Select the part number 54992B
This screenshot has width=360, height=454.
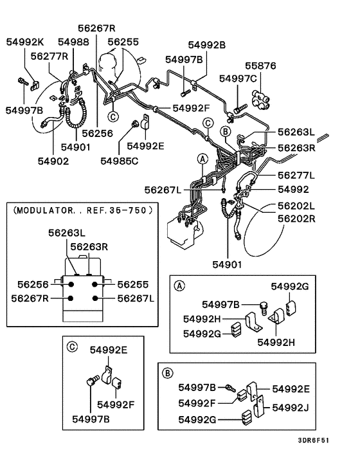(x=207, y=45)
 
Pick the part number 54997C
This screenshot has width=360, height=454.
(x=238, y=78)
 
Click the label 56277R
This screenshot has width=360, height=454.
(x=49, y=56)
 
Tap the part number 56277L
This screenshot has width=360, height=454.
(x=296, y=175)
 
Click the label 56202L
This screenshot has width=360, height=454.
(x=296, y=206)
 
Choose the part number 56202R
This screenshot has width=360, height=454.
(x=296, y=218)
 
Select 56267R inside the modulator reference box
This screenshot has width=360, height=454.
(x=31, y=298)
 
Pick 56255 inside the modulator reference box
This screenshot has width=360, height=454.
(x=136, y=284)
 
